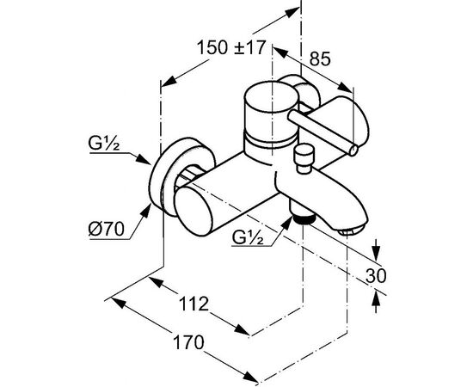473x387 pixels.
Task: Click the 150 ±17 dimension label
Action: [231, 47]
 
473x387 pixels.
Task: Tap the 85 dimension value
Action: [320, 58]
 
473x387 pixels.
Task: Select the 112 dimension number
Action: [193, 304]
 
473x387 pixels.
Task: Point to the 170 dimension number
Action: [189, 342]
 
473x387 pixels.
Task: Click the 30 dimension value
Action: [376, 275]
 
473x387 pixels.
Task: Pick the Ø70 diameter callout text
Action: [106, 230]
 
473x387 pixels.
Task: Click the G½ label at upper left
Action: [104, 144]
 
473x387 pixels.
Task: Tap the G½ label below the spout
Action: [248, 237]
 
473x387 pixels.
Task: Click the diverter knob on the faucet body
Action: [304, 158]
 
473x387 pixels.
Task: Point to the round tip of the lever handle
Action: [353, 150]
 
